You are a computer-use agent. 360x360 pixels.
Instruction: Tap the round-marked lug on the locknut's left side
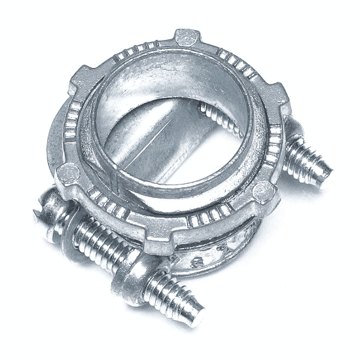tap(67, 174)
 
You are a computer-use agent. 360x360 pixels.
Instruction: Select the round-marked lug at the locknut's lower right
tap(262, 190)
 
